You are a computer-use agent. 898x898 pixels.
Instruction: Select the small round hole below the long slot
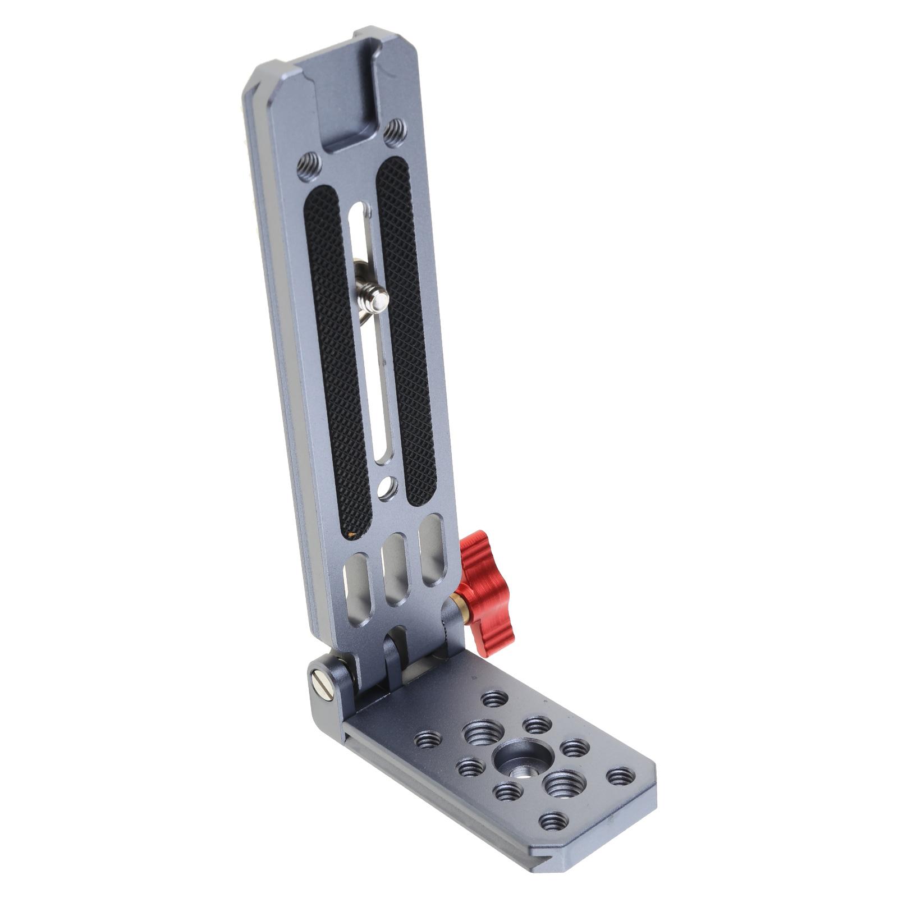point(387,487)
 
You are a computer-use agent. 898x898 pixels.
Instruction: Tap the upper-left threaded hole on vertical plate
point(310,166)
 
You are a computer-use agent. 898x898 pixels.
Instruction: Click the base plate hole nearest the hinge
point(494,699)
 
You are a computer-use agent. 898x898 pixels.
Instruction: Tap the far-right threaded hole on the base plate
point(620,777)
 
